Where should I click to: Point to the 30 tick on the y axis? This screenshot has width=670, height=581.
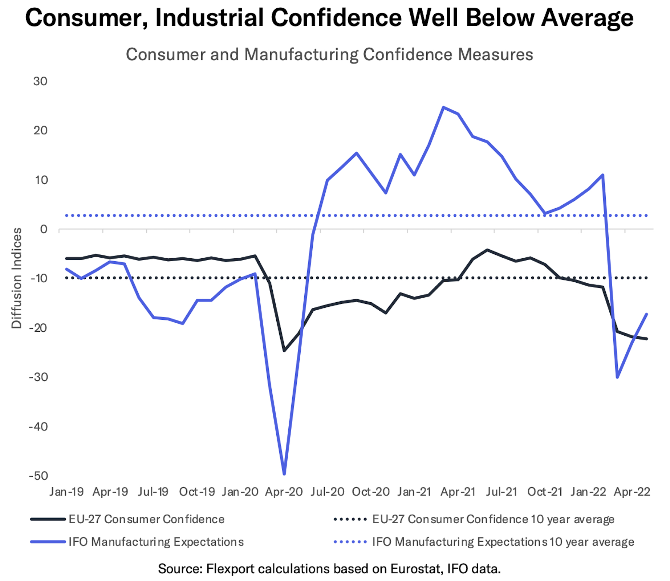[40, 81]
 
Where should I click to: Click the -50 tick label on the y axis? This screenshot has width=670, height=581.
[38, 476]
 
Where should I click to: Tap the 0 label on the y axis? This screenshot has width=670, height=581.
[44, 229]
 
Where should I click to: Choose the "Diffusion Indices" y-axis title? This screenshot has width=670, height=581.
[17, 278]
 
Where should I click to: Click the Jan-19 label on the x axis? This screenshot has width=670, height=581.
[66, 492]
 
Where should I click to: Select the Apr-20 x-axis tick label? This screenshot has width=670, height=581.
[284, 492]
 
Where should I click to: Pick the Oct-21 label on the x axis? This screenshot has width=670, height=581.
[544, 492]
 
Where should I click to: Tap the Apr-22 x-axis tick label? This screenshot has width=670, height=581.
[632, 492]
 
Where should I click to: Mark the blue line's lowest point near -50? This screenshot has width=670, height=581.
[284, 474]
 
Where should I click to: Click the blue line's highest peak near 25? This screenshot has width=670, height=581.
[443, 107]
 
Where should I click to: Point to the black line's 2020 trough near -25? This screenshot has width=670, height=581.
[284, 351]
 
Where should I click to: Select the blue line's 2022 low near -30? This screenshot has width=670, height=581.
[617, 377]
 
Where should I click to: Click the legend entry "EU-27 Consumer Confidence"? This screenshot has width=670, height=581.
[146, 519]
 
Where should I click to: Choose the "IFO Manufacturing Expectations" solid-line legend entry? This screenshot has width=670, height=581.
[156, 542]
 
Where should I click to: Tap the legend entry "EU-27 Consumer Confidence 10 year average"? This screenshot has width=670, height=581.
[493, 519]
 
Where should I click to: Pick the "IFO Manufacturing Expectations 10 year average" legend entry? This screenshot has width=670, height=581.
[503, 542]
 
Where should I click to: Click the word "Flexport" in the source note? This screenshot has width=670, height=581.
[230, 569]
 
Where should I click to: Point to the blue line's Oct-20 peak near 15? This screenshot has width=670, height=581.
[357, 153]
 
